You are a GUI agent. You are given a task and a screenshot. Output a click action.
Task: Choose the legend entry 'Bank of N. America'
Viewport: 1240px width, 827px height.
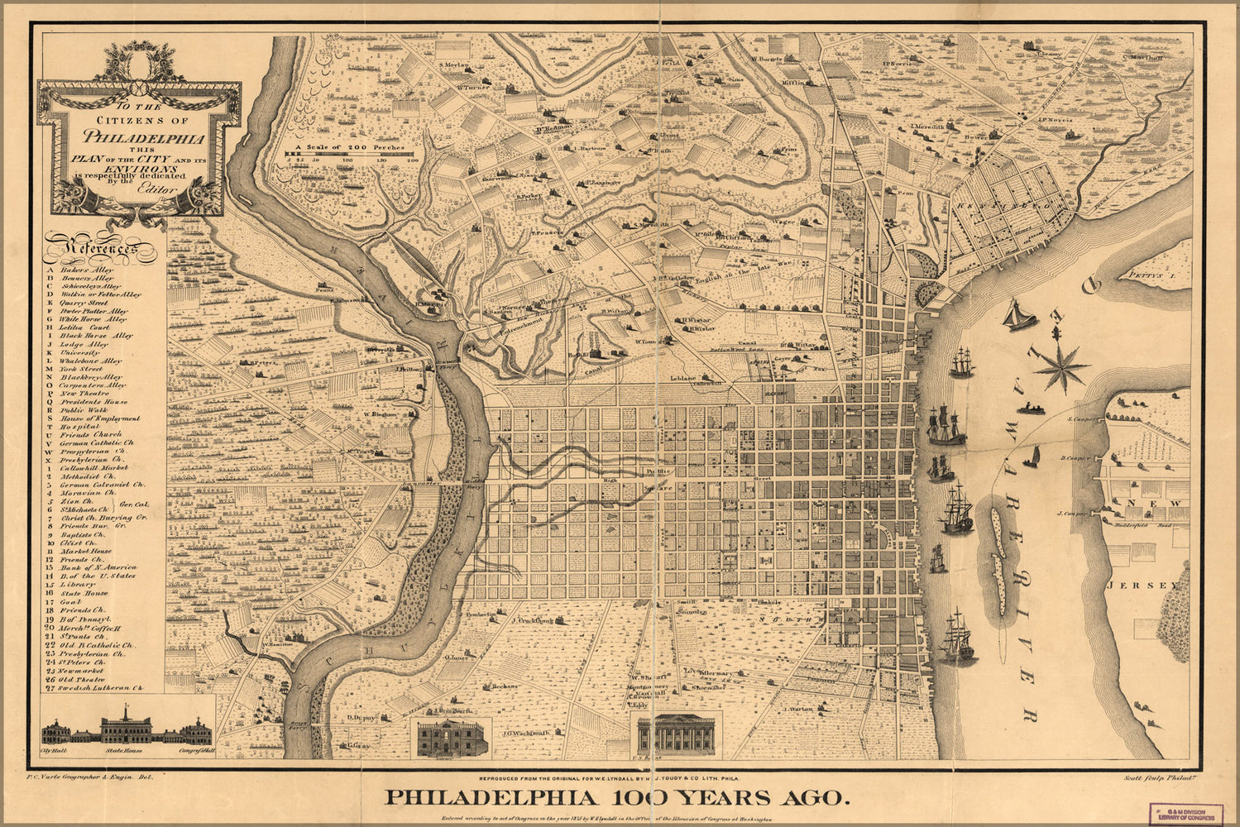point(98,567)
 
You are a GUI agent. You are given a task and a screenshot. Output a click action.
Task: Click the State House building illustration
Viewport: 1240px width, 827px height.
point(126,728)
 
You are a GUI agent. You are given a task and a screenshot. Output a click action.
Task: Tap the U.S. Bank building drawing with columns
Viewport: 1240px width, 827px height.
point(677,734)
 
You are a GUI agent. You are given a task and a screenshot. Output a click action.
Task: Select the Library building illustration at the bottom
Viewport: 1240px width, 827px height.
point(449,737)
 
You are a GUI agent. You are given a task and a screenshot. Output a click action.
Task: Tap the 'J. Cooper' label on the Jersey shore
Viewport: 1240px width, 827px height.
point(1071,514)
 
